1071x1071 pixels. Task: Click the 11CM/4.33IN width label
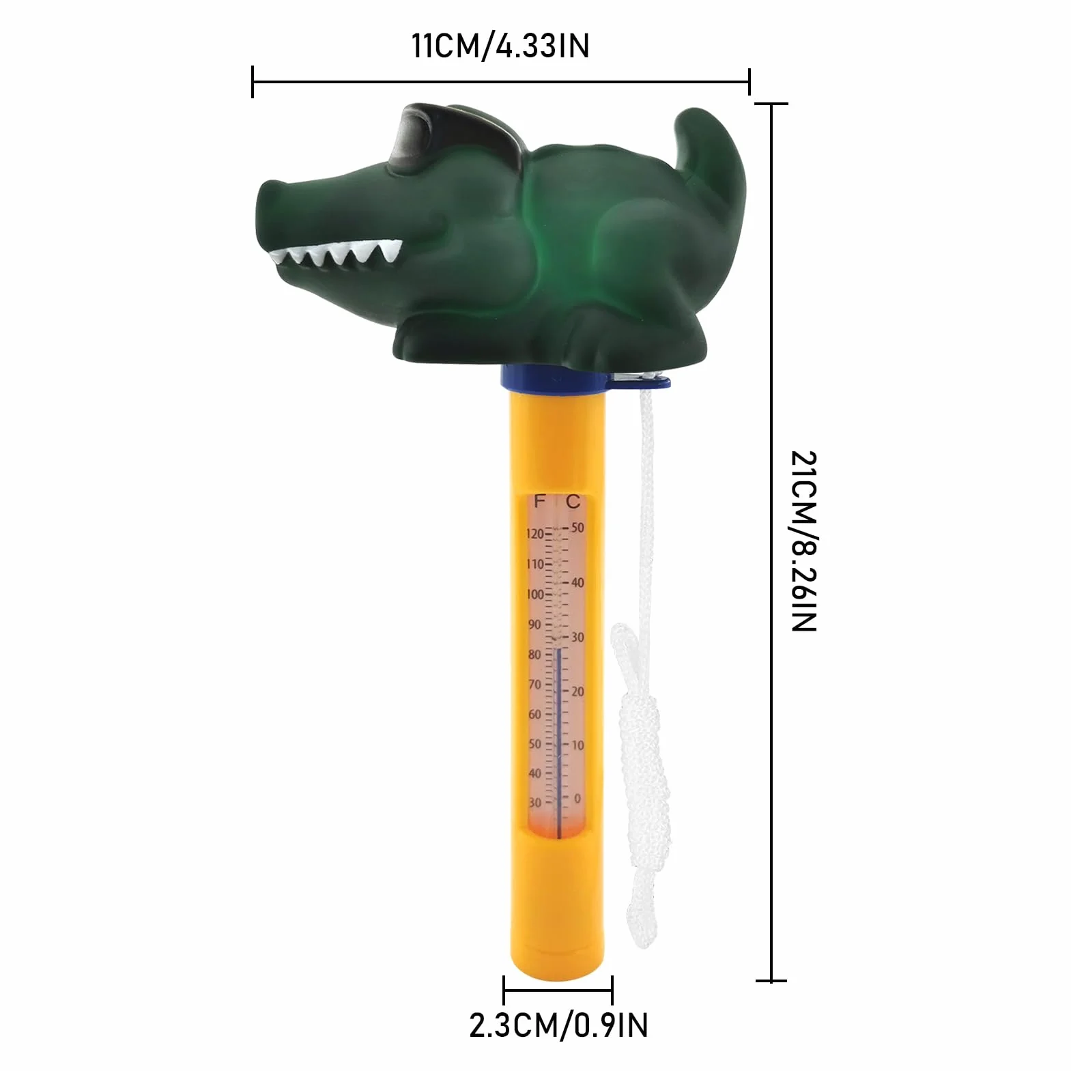point(500,46)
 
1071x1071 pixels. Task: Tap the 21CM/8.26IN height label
point(803,541)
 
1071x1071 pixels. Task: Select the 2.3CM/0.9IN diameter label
point(558,1025)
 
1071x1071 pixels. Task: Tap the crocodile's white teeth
point(334,255)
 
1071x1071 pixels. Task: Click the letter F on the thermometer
point(539,502)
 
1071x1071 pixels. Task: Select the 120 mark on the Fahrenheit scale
point(535,533)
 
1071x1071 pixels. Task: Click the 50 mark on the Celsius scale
point(577,528)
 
